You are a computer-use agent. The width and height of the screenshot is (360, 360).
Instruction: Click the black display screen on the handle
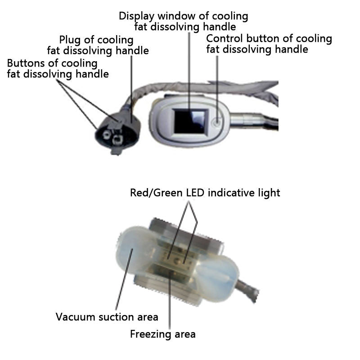[x=190, y=122]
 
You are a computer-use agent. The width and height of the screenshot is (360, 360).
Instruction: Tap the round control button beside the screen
[x=217, y=121]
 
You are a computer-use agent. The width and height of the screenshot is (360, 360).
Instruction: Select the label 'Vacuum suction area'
[x=107, y=317]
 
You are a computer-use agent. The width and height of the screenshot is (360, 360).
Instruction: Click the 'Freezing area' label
[x=163, y=334]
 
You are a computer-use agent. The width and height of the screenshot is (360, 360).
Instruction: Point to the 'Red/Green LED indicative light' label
[x=205, y=193]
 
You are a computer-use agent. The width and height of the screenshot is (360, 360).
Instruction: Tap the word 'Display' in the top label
[x=137, y=16]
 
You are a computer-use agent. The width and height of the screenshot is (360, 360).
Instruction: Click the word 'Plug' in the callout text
[x=70, y=40]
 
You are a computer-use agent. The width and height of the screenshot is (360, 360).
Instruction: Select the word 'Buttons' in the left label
[x=26, y=63]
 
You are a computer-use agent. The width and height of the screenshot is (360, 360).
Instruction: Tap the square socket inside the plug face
[x=118, y=140]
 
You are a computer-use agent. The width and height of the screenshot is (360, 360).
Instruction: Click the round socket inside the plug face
[x=107, y=135]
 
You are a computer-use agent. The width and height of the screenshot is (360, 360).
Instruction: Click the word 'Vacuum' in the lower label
[x=76, y=317]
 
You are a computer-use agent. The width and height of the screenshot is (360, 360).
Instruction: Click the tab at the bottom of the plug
[x=116, y=152]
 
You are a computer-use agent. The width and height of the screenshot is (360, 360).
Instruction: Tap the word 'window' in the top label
[x=176, y=16]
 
